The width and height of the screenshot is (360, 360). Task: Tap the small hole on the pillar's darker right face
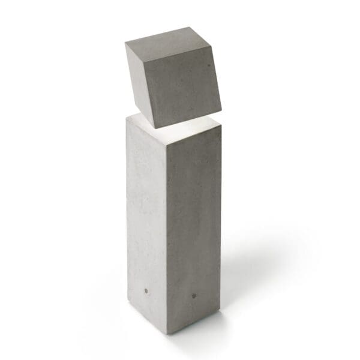(194, 295)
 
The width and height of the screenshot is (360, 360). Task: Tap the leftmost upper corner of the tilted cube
(125, 44)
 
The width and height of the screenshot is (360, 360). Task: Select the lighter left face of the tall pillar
(146, 222)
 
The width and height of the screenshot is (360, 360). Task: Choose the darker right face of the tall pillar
(193, 228)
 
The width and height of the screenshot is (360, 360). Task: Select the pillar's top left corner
(127, 118)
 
